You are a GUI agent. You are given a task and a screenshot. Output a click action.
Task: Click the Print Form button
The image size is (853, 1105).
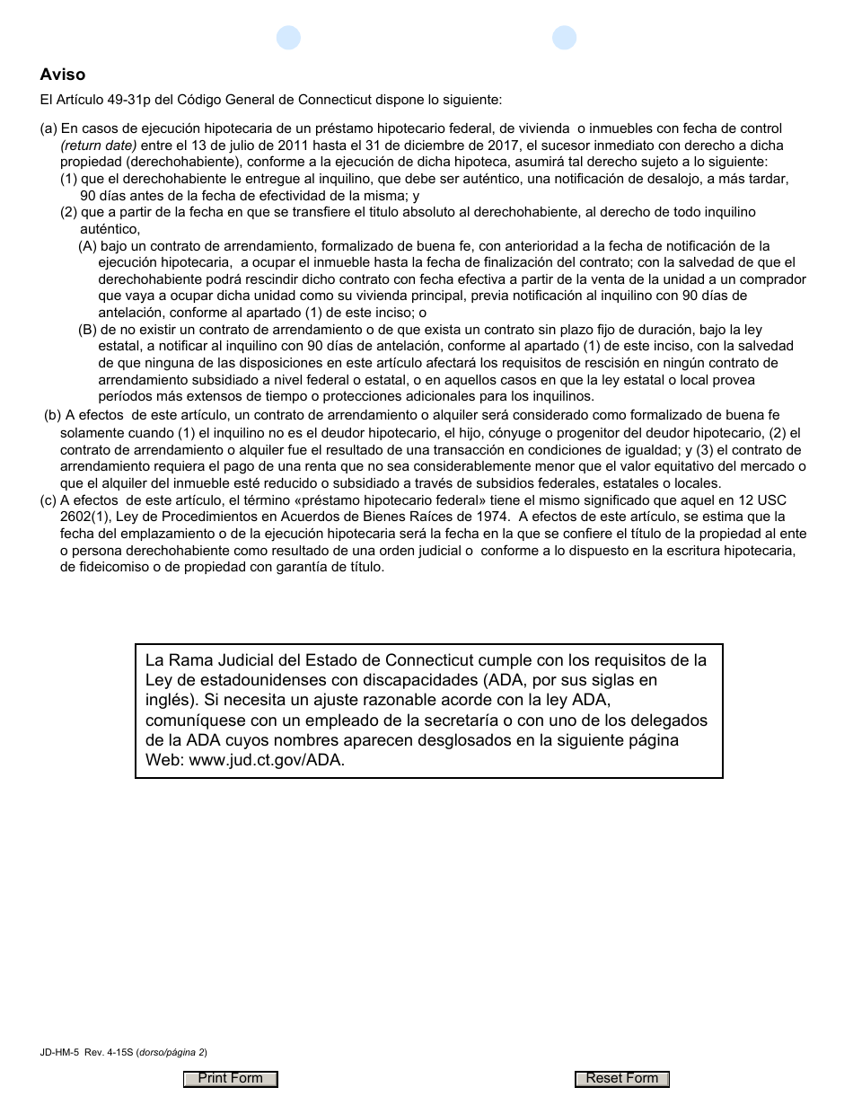click(231, 1079)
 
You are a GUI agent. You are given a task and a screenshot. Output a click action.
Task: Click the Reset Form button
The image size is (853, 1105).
click(622, 1079)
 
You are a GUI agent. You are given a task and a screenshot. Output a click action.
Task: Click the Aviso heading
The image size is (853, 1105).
click(63, 75)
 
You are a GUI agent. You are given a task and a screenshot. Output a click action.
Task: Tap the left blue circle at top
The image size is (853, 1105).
click(288, 38)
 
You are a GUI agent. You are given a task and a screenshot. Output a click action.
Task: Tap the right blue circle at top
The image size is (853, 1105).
click(564, 38)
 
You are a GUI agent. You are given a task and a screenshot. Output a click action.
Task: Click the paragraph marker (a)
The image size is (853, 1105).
click(48, 129)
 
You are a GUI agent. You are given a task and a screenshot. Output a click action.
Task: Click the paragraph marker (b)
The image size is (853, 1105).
click(53, 415)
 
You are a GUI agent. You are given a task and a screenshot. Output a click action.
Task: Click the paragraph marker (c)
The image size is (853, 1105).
click(48, 500)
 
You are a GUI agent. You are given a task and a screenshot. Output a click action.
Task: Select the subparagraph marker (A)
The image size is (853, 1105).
click(87, 246)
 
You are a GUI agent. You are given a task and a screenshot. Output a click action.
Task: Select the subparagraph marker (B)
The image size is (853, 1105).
click(87, 330)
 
